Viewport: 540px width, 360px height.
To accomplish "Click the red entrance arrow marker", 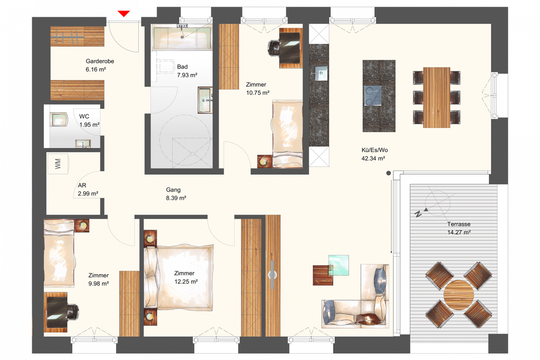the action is point(124,14).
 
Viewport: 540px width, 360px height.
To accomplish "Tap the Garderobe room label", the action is point(100,61).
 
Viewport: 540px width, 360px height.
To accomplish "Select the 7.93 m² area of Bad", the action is point(187,75).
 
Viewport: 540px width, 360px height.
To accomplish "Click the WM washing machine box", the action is point(58,164).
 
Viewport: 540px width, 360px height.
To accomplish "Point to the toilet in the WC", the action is point(59,119).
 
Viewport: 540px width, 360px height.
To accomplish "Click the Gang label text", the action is point(173,190).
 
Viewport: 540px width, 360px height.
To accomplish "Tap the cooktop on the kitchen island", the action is point(373,96).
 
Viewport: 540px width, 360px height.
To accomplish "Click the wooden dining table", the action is point(436,98).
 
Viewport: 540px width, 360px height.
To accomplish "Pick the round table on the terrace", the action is point(458,295).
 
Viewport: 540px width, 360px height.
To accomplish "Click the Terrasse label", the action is point(459,224).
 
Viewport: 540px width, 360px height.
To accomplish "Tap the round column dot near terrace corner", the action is point(388,173).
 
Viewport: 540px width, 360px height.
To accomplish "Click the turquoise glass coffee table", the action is point(338,265).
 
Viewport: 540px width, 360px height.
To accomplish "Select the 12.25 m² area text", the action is point(186,282).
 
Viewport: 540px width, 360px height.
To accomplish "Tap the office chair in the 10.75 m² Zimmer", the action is point(274,49).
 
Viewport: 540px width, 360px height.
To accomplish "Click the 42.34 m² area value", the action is point(373,158).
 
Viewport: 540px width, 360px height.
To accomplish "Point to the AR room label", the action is point(82,185).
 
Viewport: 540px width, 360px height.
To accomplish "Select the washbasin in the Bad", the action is point(205,100).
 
